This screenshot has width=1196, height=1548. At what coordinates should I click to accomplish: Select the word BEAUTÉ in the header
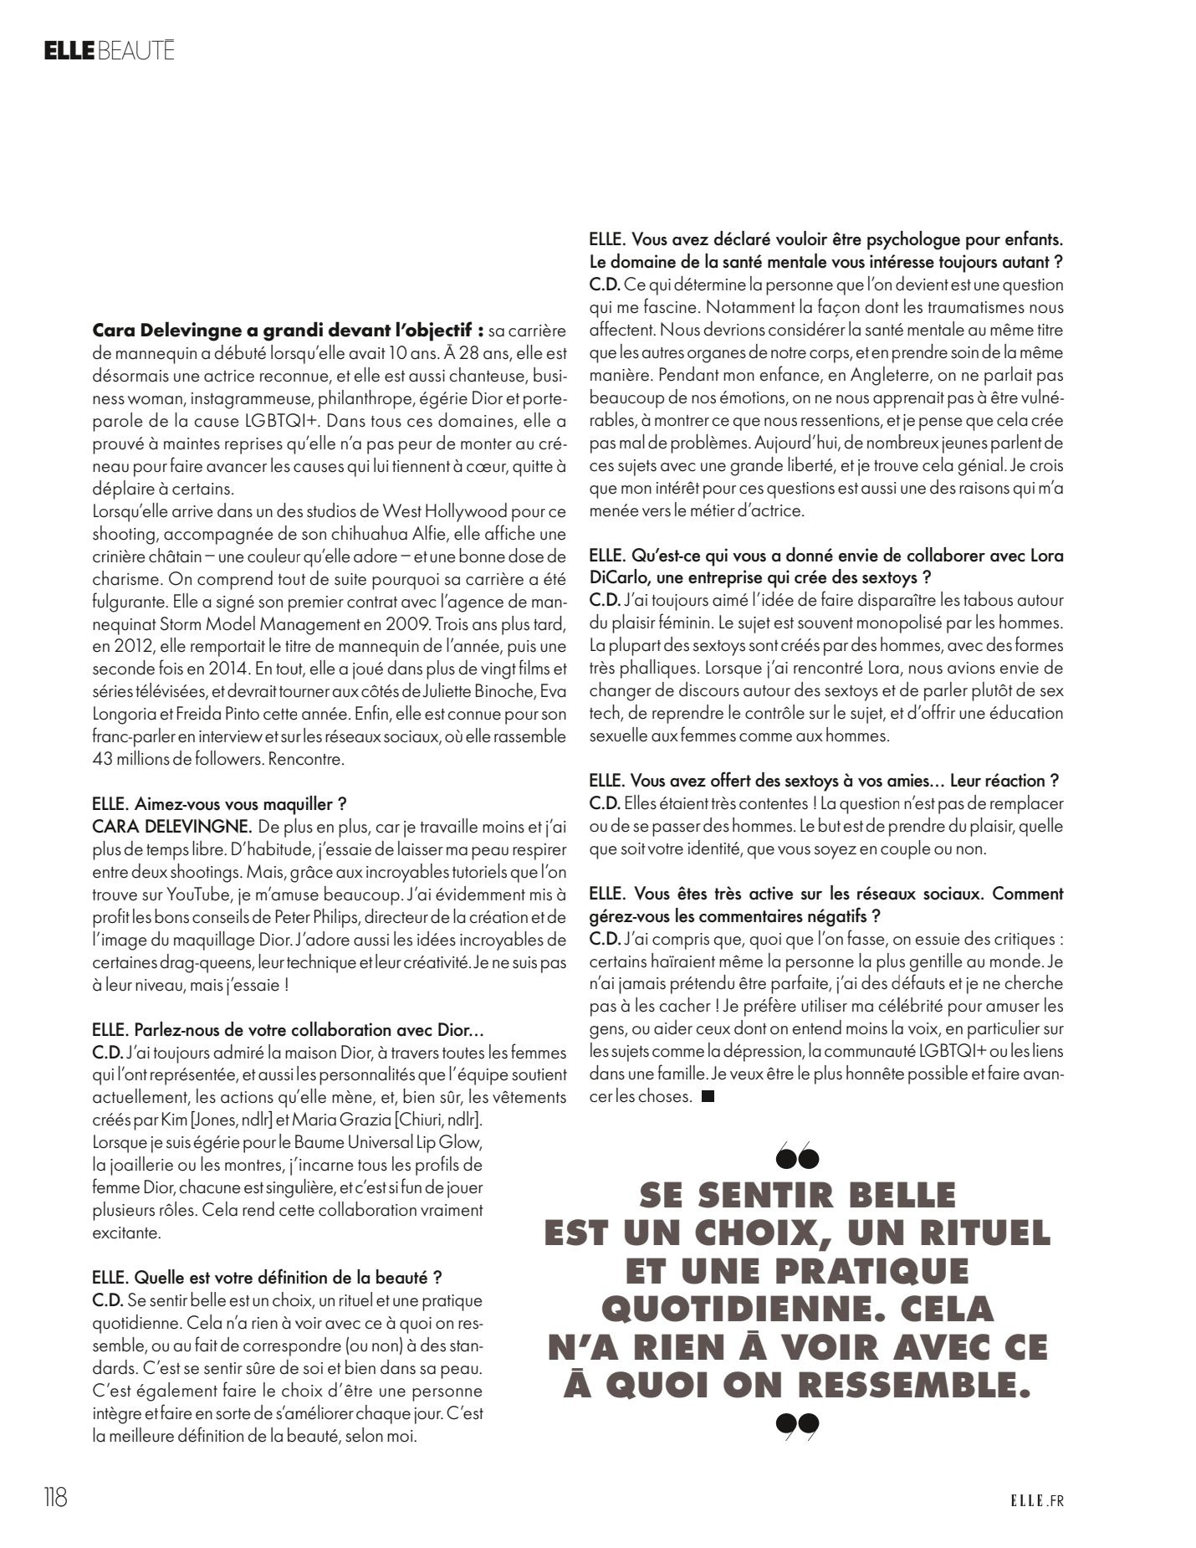pyautogui.click(x=136, y=51)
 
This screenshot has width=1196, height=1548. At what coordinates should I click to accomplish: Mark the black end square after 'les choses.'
pyautogui.click(x=708, y=1096)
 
